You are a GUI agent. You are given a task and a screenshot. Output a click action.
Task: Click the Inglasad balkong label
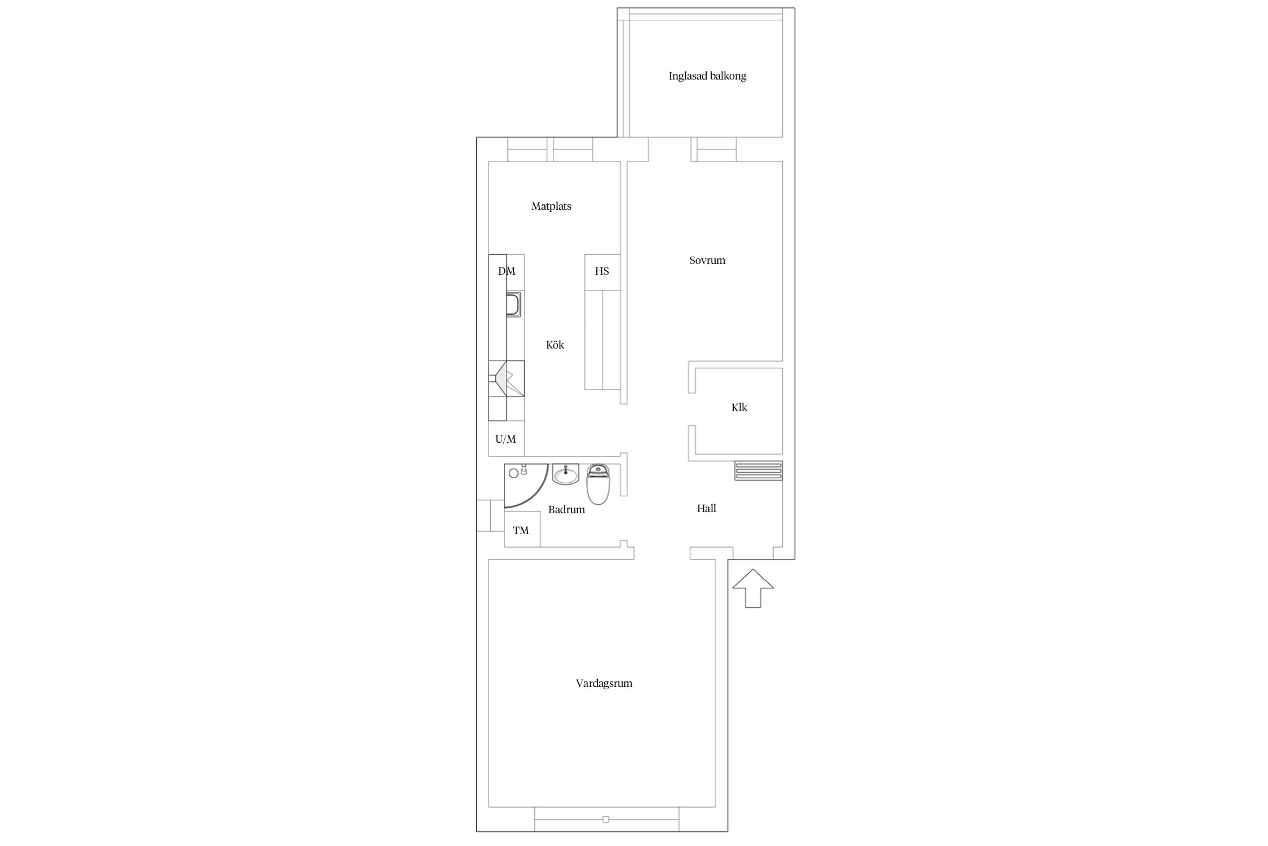click(x=707, y=76)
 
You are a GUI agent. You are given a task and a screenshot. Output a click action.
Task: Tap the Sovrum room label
click(x=707, y=261)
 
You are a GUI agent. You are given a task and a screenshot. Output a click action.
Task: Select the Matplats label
click(x=551, y=206)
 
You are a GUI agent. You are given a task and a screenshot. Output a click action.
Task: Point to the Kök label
click(x=555, y=345)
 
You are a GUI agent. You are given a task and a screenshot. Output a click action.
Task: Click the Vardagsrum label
click(x=604, y=684)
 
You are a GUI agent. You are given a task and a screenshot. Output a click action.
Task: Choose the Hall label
click(x=707, y=509)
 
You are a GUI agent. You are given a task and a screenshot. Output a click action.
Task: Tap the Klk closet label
click(x=739, y=407)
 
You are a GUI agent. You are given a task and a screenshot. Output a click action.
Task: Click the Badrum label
click(x=566, y=510)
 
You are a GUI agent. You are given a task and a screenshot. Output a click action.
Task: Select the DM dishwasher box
click(x=507, y=272)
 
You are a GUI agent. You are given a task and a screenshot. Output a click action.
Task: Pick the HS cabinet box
click(x=602, y=272)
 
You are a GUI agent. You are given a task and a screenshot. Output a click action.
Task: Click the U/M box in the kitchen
click(x=506, y=438)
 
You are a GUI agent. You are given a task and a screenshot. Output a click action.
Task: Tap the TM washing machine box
click(x=522, y=529)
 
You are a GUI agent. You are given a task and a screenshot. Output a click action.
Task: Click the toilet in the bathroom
click(x=598, y=484)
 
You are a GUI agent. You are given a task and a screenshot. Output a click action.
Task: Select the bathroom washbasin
click(x=565, y=474)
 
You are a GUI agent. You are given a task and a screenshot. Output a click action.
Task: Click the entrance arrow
click(x=753, y=589)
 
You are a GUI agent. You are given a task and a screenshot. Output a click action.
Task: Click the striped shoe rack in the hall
click(x=759, y=471)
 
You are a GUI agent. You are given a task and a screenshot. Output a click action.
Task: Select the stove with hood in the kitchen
click(x=507, y=378)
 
